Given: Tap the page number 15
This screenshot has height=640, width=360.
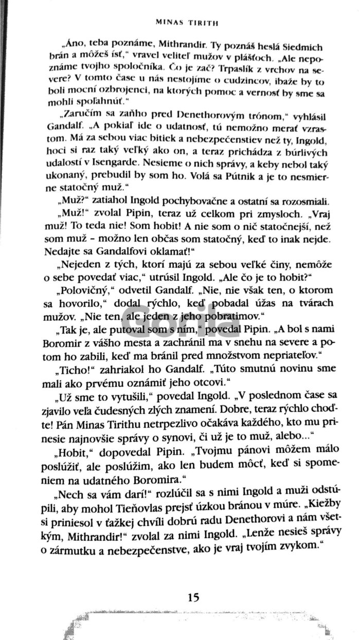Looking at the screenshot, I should point(193,597).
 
